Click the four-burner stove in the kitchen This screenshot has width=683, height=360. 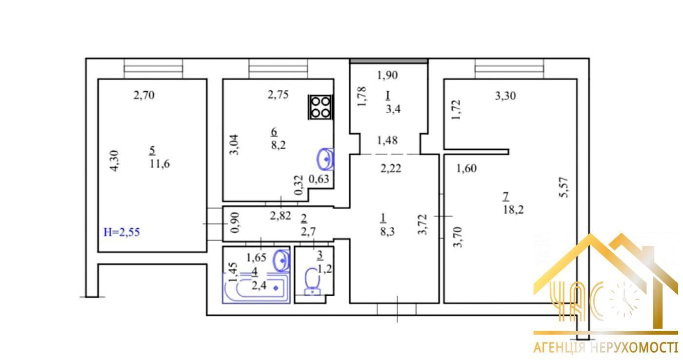coord(321,107)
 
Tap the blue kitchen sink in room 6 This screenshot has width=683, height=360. coord(325,159)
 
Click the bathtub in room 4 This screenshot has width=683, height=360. coord(256,288)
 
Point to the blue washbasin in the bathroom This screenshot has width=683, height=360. coord(282,261)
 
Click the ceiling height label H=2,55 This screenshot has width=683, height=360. coord(121,232)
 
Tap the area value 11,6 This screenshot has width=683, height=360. coord(160,164)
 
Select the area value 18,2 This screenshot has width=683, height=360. coord(513,210)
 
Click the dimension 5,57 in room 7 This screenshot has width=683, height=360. coord(564,187)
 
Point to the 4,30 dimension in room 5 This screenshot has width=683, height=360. coord(114,160)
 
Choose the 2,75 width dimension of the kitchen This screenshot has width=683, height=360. coord(278,95)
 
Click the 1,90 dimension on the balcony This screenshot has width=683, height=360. coord(387,75)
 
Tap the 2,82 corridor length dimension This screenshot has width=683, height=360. coord(281,216)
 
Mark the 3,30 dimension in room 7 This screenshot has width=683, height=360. coord(505,96)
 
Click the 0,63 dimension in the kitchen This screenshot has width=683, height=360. coord(319,179)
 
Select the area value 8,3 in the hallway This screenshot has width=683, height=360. coord(387,232)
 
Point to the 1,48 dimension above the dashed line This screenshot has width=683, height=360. coord(387,140)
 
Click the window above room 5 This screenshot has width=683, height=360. coord(153,69)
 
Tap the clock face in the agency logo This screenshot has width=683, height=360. coord(624,299)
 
